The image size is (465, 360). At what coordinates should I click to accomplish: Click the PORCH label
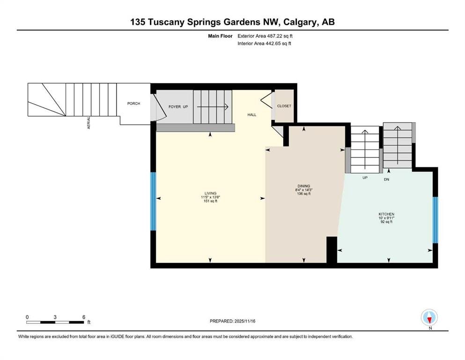(x=133, y=104)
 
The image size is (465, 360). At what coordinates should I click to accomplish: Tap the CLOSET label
(x=284, y=106)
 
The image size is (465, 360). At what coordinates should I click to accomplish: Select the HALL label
(x=252, y=115)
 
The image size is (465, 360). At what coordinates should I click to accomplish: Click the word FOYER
(x=174, y=107)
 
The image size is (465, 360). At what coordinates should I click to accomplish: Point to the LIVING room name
(x=210, y=193)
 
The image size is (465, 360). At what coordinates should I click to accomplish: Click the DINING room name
(x=303, y=186)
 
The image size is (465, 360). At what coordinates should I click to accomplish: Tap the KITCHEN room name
(x=386, y=214)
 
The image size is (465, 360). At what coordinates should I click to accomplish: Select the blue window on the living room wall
(x=153, y=202)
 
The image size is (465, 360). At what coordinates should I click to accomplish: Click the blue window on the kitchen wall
(x=435, y=220)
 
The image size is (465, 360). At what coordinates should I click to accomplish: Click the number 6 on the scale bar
(x=84, y=317)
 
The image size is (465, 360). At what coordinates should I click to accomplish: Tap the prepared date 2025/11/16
(x=245, y=321)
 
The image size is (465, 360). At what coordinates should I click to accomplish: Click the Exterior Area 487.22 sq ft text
(x=265, y=36)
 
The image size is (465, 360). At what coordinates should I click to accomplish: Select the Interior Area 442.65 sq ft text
(x=264, y=44)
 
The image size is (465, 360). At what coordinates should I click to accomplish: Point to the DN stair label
(x=386, y=180)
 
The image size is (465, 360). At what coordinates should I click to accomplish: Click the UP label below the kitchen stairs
(x=365, y=178)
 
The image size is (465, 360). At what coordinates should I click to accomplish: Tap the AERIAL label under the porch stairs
(x=89, y=123)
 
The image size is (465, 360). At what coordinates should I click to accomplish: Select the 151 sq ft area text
(x=210, y=201)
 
